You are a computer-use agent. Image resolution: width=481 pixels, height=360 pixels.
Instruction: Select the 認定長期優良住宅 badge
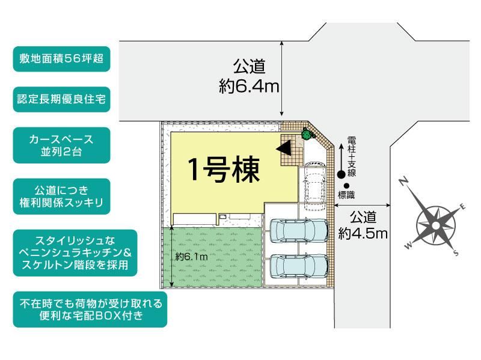62,100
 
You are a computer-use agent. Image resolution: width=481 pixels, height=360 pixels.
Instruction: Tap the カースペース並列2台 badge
62,145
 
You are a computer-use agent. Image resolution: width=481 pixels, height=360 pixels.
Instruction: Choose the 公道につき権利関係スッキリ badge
62,195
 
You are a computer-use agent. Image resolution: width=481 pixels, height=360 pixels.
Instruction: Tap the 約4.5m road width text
363,224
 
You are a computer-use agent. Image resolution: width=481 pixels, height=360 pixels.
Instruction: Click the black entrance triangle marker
288,147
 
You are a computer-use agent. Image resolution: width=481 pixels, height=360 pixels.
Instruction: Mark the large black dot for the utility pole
341,175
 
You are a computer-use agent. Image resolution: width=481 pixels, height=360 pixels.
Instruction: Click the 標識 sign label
347,195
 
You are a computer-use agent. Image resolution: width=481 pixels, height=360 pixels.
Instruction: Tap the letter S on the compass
456,254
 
